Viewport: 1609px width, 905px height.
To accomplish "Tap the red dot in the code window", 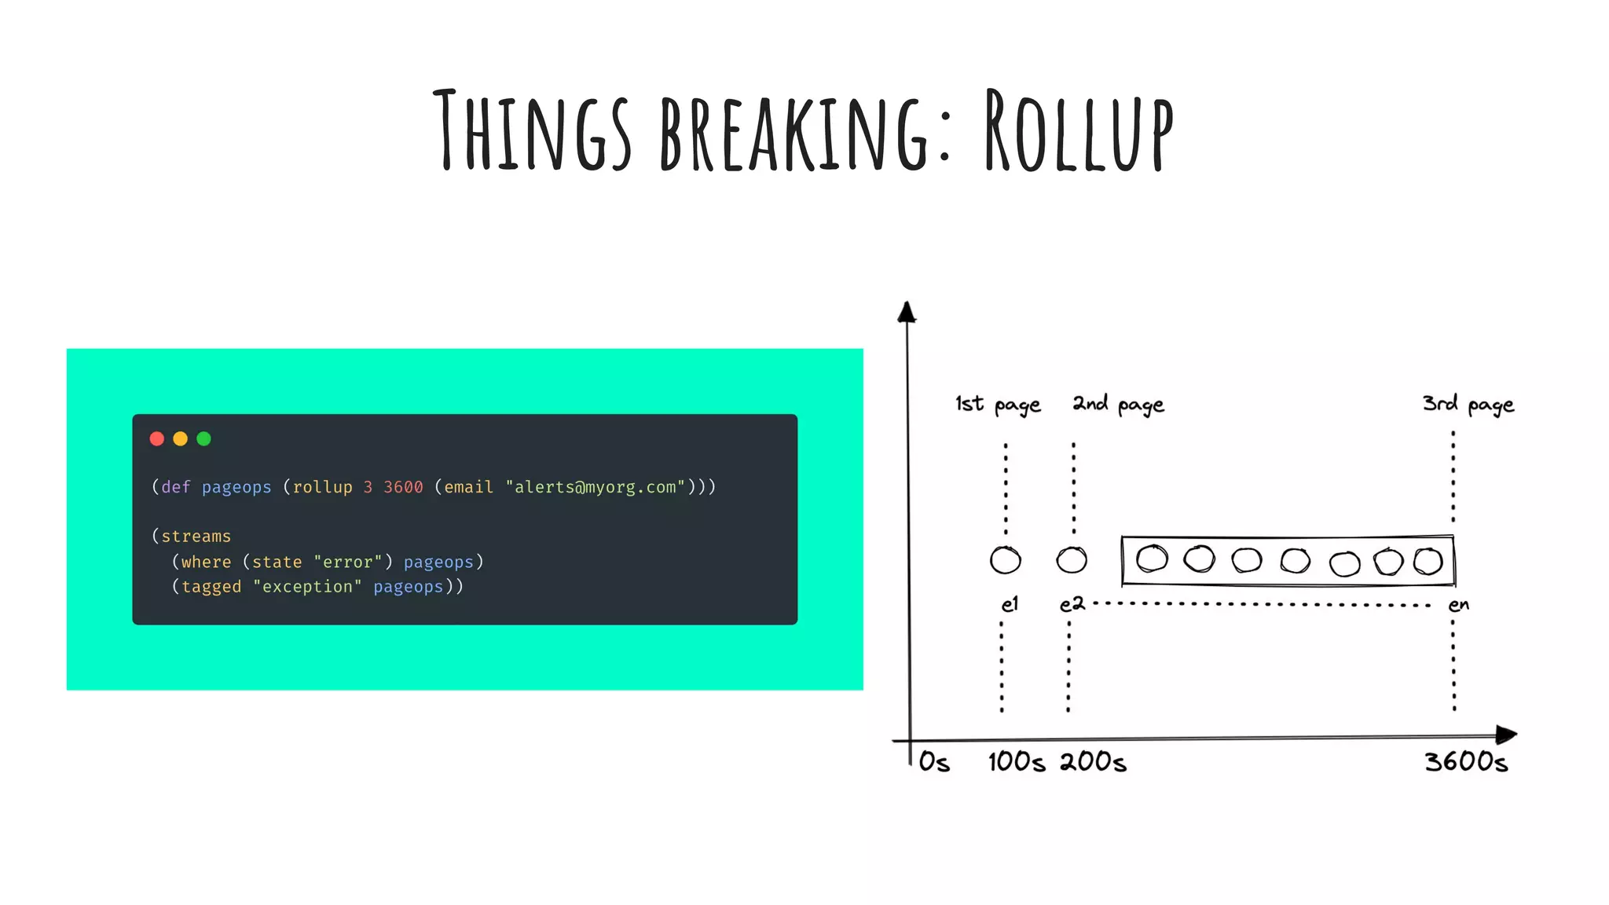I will coord(157,438).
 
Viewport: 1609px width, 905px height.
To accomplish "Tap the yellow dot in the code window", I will coord(181,438).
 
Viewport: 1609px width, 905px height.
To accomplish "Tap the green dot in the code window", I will coord(204,438).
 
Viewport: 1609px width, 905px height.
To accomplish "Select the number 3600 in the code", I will coord(403,487).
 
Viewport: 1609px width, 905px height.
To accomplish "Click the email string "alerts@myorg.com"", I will coord(595,487).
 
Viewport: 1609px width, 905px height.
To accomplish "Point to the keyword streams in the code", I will coord(196,537).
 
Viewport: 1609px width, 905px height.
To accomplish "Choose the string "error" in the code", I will coord(347,562).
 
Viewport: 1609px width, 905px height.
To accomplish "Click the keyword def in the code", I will coord(176,487).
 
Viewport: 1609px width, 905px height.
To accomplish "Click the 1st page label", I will coord(998,405).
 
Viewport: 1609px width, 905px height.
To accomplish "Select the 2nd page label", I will coord(1118,405).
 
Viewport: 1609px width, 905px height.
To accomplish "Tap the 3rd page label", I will coord(1468,405).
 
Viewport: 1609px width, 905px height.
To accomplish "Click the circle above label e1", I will coord(1006,560).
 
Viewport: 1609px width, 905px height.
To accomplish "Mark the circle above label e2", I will coord(1072,560).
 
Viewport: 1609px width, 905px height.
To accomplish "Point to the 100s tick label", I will coord(1017,761).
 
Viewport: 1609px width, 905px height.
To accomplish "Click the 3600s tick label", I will coord(1466,761).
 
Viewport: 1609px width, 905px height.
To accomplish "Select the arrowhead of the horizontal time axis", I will coord(1507,735).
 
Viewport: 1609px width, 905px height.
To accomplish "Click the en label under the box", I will coord(1458,605).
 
